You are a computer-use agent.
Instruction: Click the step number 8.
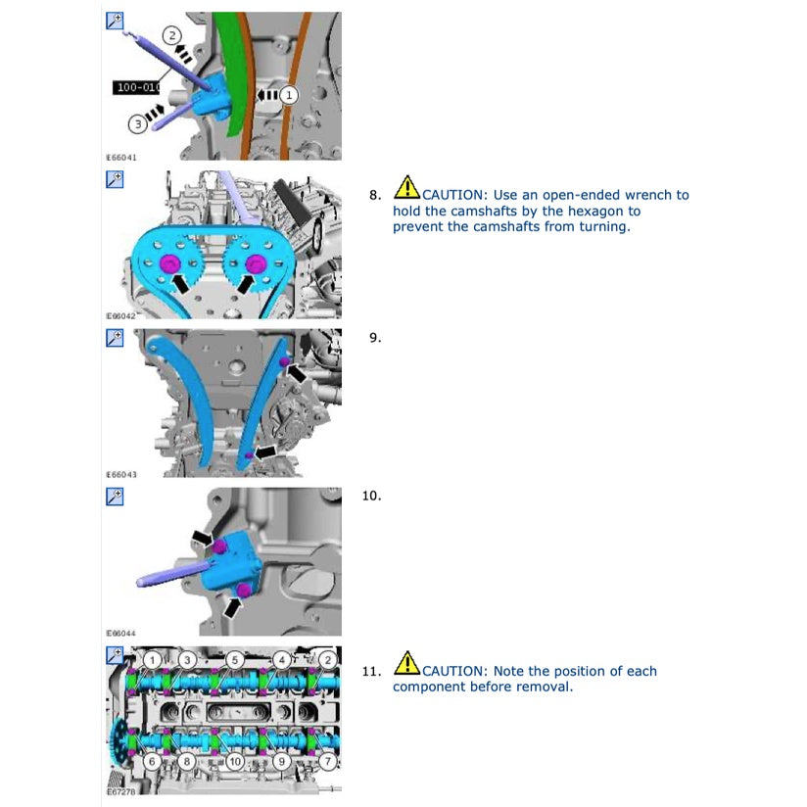tap(374, 195)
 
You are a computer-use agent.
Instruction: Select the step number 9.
tap(374, 338)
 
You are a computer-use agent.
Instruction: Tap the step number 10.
tap(371, 496)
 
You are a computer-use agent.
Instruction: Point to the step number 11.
tap(371, 672)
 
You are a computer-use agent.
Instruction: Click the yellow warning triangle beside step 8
tap(406, 186)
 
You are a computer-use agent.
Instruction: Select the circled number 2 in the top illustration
tap(172, 36)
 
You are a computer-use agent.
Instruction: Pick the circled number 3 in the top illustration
tap(139, 123)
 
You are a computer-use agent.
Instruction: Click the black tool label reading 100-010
tap(136, 87)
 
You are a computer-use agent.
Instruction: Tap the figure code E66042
tap(121, 316)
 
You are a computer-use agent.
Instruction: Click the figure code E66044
tap(121, 634)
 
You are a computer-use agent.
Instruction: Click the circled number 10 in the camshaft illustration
tap(234, 760)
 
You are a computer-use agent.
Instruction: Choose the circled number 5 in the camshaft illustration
tap(234, 659)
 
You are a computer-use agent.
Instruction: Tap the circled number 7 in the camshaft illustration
tap(326, 760)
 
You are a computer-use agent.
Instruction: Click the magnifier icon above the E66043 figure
tap(114, 338)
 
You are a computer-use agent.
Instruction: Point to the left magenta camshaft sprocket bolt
tap(167, 263)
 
